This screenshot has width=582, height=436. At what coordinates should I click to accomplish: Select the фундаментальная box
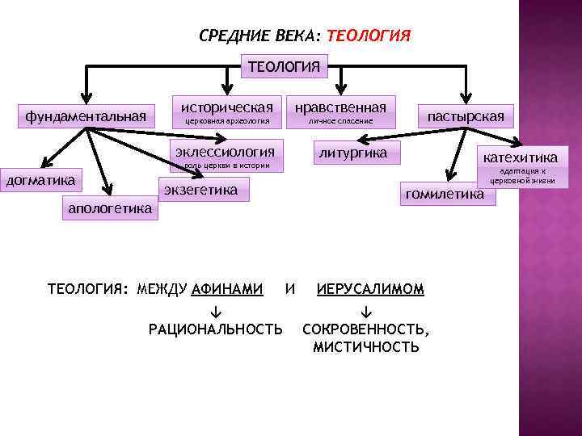click(x=85, y=117)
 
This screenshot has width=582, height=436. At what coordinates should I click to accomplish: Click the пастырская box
click(x=466, y=117)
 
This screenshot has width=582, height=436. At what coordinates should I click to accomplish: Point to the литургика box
click(x=353, y=153)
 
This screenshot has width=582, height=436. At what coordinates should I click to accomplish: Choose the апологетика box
click(x=110, y=208)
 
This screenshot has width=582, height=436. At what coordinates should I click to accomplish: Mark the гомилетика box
click(x=445, y=194)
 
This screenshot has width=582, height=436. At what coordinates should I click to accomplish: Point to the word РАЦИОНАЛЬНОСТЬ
click(x=216, y=329)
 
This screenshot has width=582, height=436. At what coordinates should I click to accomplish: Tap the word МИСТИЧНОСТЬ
click(x=366, y=347)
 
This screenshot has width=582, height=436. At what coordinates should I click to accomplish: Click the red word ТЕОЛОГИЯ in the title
click(x=369, y=36)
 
